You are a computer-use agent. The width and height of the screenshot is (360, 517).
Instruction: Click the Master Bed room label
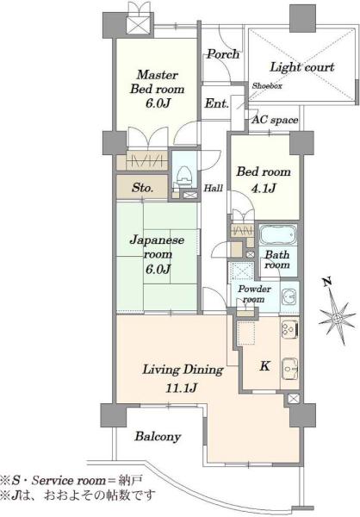tap(158, 82)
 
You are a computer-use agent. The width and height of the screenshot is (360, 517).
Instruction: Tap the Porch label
tap(223, 54)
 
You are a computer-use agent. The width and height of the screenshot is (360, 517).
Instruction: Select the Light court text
tap(302, 67)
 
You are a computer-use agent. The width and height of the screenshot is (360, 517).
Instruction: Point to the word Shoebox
tap(267, 85)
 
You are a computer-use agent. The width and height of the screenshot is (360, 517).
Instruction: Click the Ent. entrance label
tap(216, 103)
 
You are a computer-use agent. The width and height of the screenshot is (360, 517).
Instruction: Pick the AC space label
tap(275, 120)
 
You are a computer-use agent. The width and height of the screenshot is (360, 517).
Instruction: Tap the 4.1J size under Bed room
tap(264, 188)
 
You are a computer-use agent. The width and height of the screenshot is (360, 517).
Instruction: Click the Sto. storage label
tap(142, 188)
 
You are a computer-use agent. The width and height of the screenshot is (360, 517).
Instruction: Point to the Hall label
tap(214, 188)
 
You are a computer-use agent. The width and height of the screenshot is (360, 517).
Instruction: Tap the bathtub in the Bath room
tap(278, 234)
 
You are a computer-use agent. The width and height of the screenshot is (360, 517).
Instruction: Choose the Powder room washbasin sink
tap(289, 297)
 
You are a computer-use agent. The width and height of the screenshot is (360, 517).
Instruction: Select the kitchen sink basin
tap(289, 368)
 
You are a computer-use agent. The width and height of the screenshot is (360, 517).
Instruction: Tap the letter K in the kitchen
tap(264, 366)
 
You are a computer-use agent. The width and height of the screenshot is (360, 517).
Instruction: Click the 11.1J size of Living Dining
tap(181, 388)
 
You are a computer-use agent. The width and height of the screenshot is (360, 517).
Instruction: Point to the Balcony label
tap(158, 437)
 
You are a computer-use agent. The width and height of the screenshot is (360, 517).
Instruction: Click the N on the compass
tap(326, 283)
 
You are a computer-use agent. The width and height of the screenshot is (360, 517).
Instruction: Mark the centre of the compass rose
tap(337, 318)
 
